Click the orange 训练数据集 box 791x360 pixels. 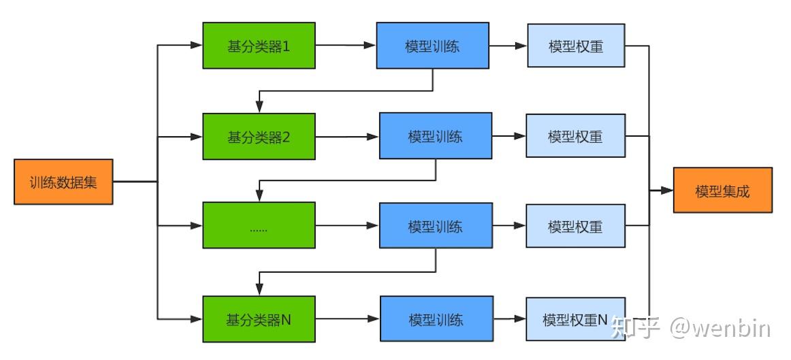tap(63, 182)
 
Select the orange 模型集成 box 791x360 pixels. tap(722, 191)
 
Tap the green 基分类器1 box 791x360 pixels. tap(259, 46)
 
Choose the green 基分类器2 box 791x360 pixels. tap(259, 136)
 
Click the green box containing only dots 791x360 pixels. tap(259, 227)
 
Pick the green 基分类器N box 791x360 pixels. tap(259, 318)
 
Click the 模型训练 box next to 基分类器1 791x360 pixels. tap(432, 46)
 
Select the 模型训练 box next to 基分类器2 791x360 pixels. tap(435, 136)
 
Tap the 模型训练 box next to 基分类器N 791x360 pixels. tap(436, 318)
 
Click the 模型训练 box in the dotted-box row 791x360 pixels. tap(435, 226)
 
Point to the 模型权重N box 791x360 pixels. tap(575, 318)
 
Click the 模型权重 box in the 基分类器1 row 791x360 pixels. tap(576, 46)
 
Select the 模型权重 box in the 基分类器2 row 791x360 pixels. tap(575, 136)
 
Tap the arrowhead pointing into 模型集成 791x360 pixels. tap(666, 191)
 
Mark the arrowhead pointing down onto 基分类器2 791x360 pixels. tap(259, 108)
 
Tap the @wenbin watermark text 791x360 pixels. tap(720, 329)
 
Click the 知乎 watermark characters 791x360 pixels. tap(636, 328)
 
